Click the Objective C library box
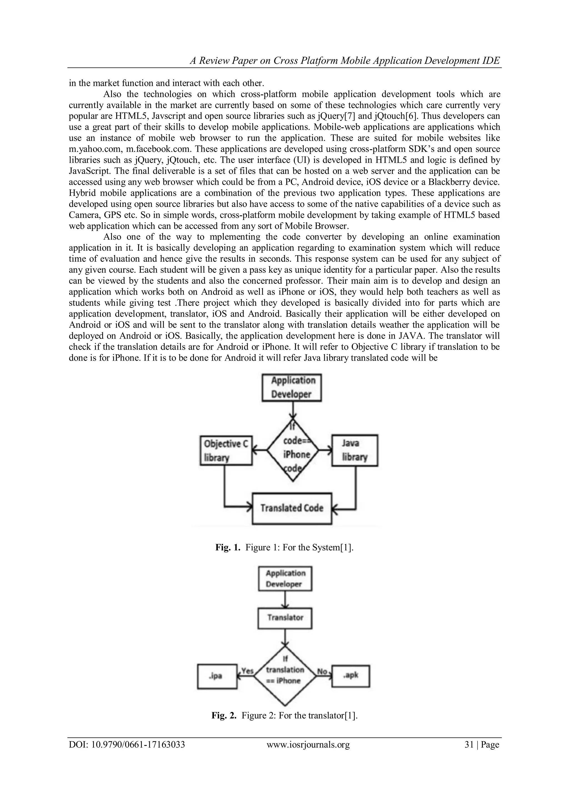pyautogui.click(x=226, y=450)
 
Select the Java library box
pyautogui.click(x=355, y=450)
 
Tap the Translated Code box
pyautogui.click(x=292, y=508)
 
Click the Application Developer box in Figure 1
pyautogui.click(x=291, y=387)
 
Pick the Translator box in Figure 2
pyautogui.click(x=285, y=617)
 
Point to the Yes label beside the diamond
pyautogui.click(x=247, y=671)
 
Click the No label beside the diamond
pyautogui.click(x=322, y=671)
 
